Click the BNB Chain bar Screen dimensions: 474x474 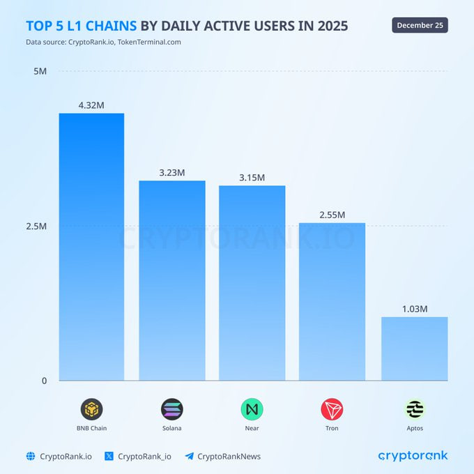[x=91, y=247]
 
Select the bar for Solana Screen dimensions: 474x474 [x=171, y=280]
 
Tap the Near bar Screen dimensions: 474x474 [x=252, y=283]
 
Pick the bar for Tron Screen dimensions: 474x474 [x=332, y=301]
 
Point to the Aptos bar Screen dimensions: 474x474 [x=414, y=349]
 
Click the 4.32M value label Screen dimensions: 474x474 [x=91, y=105]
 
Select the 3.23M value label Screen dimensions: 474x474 [x=171, y=173]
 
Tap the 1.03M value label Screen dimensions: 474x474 [x=414, y=309]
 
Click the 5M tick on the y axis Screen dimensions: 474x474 [x=40, y=72]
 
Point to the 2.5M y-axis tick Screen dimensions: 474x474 [x=36, y=227]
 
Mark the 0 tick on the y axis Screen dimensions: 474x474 [x=44, y=381]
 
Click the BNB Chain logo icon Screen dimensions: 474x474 [x=91, y=408]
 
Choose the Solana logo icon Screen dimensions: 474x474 [x=171, y=408]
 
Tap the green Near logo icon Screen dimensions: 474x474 [x=252, y=408]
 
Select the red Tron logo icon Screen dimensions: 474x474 [x=332, y=408]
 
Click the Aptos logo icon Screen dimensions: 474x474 [x=414, y=408]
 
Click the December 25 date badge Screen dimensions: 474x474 [x=420, y=25]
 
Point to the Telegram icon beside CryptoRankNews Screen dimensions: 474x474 [x=189, y=457]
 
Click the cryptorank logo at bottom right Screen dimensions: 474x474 [x=413, y=456]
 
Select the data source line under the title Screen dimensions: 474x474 [x=103, y=42]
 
